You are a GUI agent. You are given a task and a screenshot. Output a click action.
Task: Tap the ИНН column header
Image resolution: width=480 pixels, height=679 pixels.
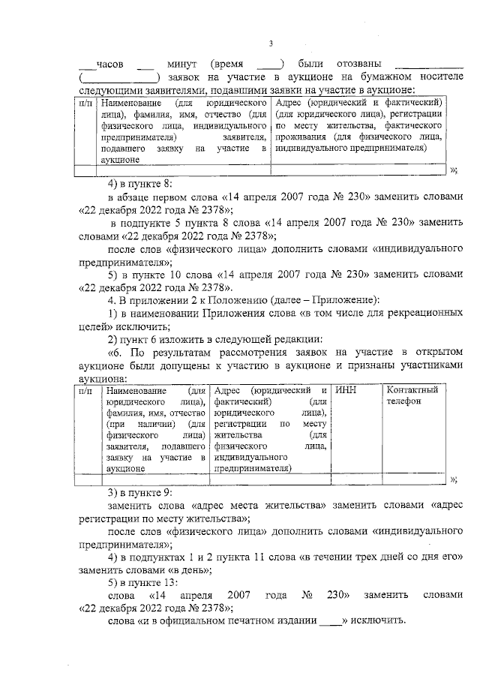tap(346, 390)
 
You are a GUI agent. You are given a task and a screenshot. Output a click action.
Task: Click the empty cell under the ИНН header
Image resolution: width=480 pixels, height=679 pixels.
tap(356, 480)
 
